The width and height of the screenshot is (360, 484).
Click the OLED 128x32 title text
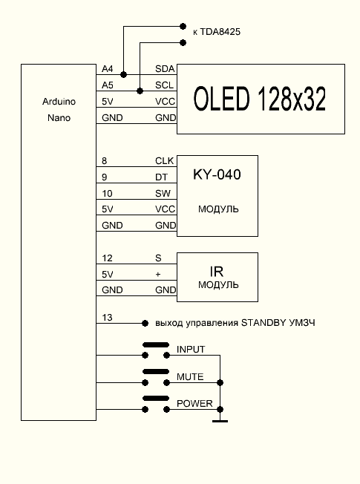(x=260, y=99)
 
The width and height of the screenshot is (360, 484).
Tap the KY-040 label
(x=217, y=175)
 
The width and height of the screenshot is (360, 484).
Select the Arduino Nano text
(x=58, y=110)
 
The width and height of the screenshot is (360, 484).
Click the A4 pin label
(x=108, y=68)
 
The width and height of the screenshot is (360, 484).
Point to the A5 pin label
(x=108, y=85)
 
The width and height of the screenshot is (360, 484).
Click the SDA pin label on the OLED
(x=164, y=68)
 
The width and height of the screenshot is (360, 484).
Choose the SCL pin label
(x=164, y=85)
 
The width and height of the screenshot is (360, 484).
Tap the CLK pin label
(x=164, y=160)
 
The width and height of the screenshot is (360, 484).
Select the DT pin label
(x=160, y=177)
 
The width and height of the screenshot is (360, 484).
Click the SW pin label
(x=163, y=193)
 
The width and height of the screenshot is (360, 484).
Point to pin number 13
(x=107, y=318)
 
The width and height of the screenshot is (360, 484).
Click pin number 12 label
(x=107, y=258)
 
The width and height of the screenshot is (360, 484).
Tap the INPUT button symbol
(x=155, y=345)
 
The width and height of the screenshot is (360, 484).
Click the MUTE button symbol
(x=155, y=372)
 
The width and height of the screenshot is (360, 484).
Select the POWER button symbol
(x=155, y=399)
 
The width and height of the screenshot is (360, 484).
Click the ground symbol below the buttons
(x=220, y=421)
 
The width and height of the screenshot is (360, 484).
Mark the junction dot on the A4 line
(x=124, y=74)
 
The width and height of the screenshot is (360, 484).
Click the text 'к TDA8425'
(x=216, y=32)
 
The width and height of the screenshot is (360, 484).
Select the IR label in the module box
(x=217, y=272)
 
